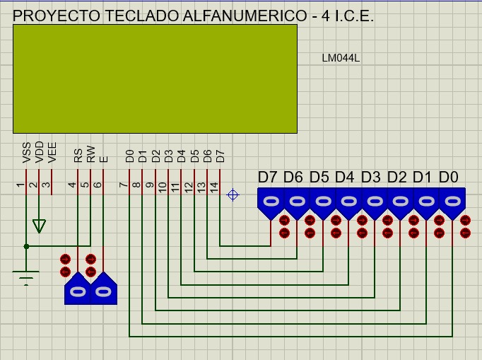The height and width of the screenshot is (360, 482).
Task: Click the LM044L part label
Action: [x=341, y=58]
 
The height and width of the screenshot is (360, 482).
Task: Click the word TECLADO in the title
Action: [x=142, y=16]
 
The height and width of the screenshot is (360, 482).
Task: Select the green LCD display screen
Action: [x=155, y=79]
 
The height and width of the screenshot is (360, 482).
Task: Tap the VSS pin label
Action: [x=27, y=152]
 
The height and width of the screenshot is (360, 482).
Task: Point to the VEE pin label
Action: [x=52, y=152]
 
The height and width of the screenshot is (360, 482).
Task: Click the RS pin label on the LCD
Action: [x=78, y=156]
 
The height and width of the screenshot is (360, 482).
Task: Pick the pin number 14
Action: [x=215, y=187]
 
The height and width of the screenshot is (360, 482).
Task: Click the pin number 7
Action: [x=124, y=185]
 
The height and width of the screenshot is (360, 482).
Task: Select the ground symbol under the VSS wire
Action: [x=26, y=278]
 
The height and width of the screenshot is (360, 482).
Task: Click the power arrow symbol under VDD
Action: [x=39, y=226]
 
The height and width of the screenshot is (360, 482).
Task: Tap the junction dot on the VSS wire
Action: [x=26, y=246]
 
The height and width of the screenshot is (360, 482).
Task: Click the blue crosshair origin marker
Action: [x=233, y=194]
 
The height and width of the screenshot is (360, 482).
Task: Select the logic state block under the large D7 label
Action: [x=271, y=204]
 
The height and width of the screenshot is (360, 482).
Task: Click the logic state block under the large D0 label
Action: [x=452, y=204]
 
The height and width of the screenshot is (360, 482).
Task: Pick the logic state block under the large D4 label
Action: [x=348, y=204]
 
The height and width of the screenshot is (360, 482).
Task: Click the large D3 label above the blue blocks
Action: [x=371, y=178]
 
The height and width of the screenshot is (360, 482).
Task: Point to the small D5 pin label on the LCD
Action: [x=194, y=156]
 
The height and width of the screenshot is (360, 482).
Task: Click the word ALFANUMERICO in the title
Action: [x=245, y=16]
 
